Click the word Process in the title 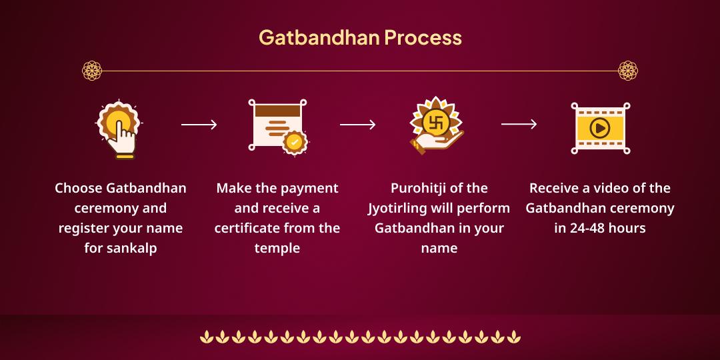423,37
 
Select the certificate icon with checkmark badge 277,126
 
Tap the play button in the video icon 600,127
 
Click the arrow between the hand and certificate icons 199,125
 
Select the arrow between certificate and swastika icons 358,125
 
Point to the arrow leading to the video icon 519,124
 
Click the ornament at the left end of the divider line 91,70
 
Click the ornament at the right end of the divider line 628,70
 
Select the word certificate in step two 247,229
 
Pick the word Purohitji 418,189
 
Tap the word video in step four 605,189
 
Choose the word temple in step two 277,249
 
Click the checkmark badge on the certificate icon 294,143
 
